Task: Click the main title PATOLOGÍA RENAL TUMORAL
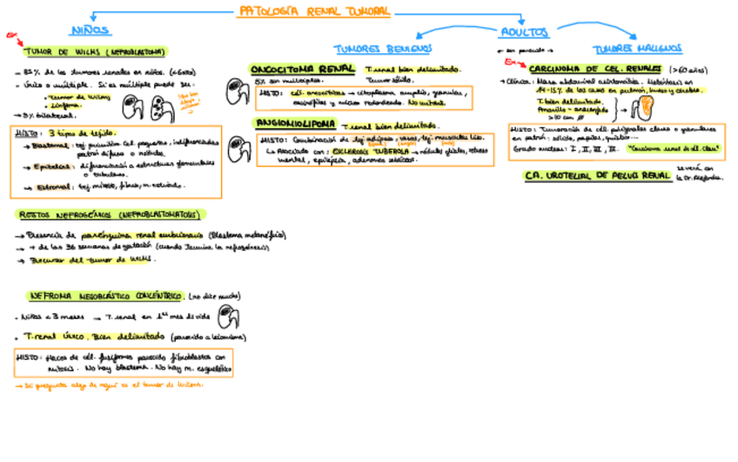pos(313,12)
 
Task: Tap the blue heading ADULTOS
pos(524,32)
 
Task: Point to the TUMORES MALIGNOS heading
pos(637,49)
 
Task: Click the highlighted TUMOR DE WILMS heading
pos(96,52)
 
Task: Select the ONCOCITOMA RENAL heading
pos(302,68)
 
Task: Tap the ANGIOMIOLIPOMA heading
pos(296,124)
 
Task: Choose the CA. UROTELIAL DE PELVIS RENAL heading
pos(596,175)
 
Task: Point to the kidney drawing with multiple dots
pos(160,108)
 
